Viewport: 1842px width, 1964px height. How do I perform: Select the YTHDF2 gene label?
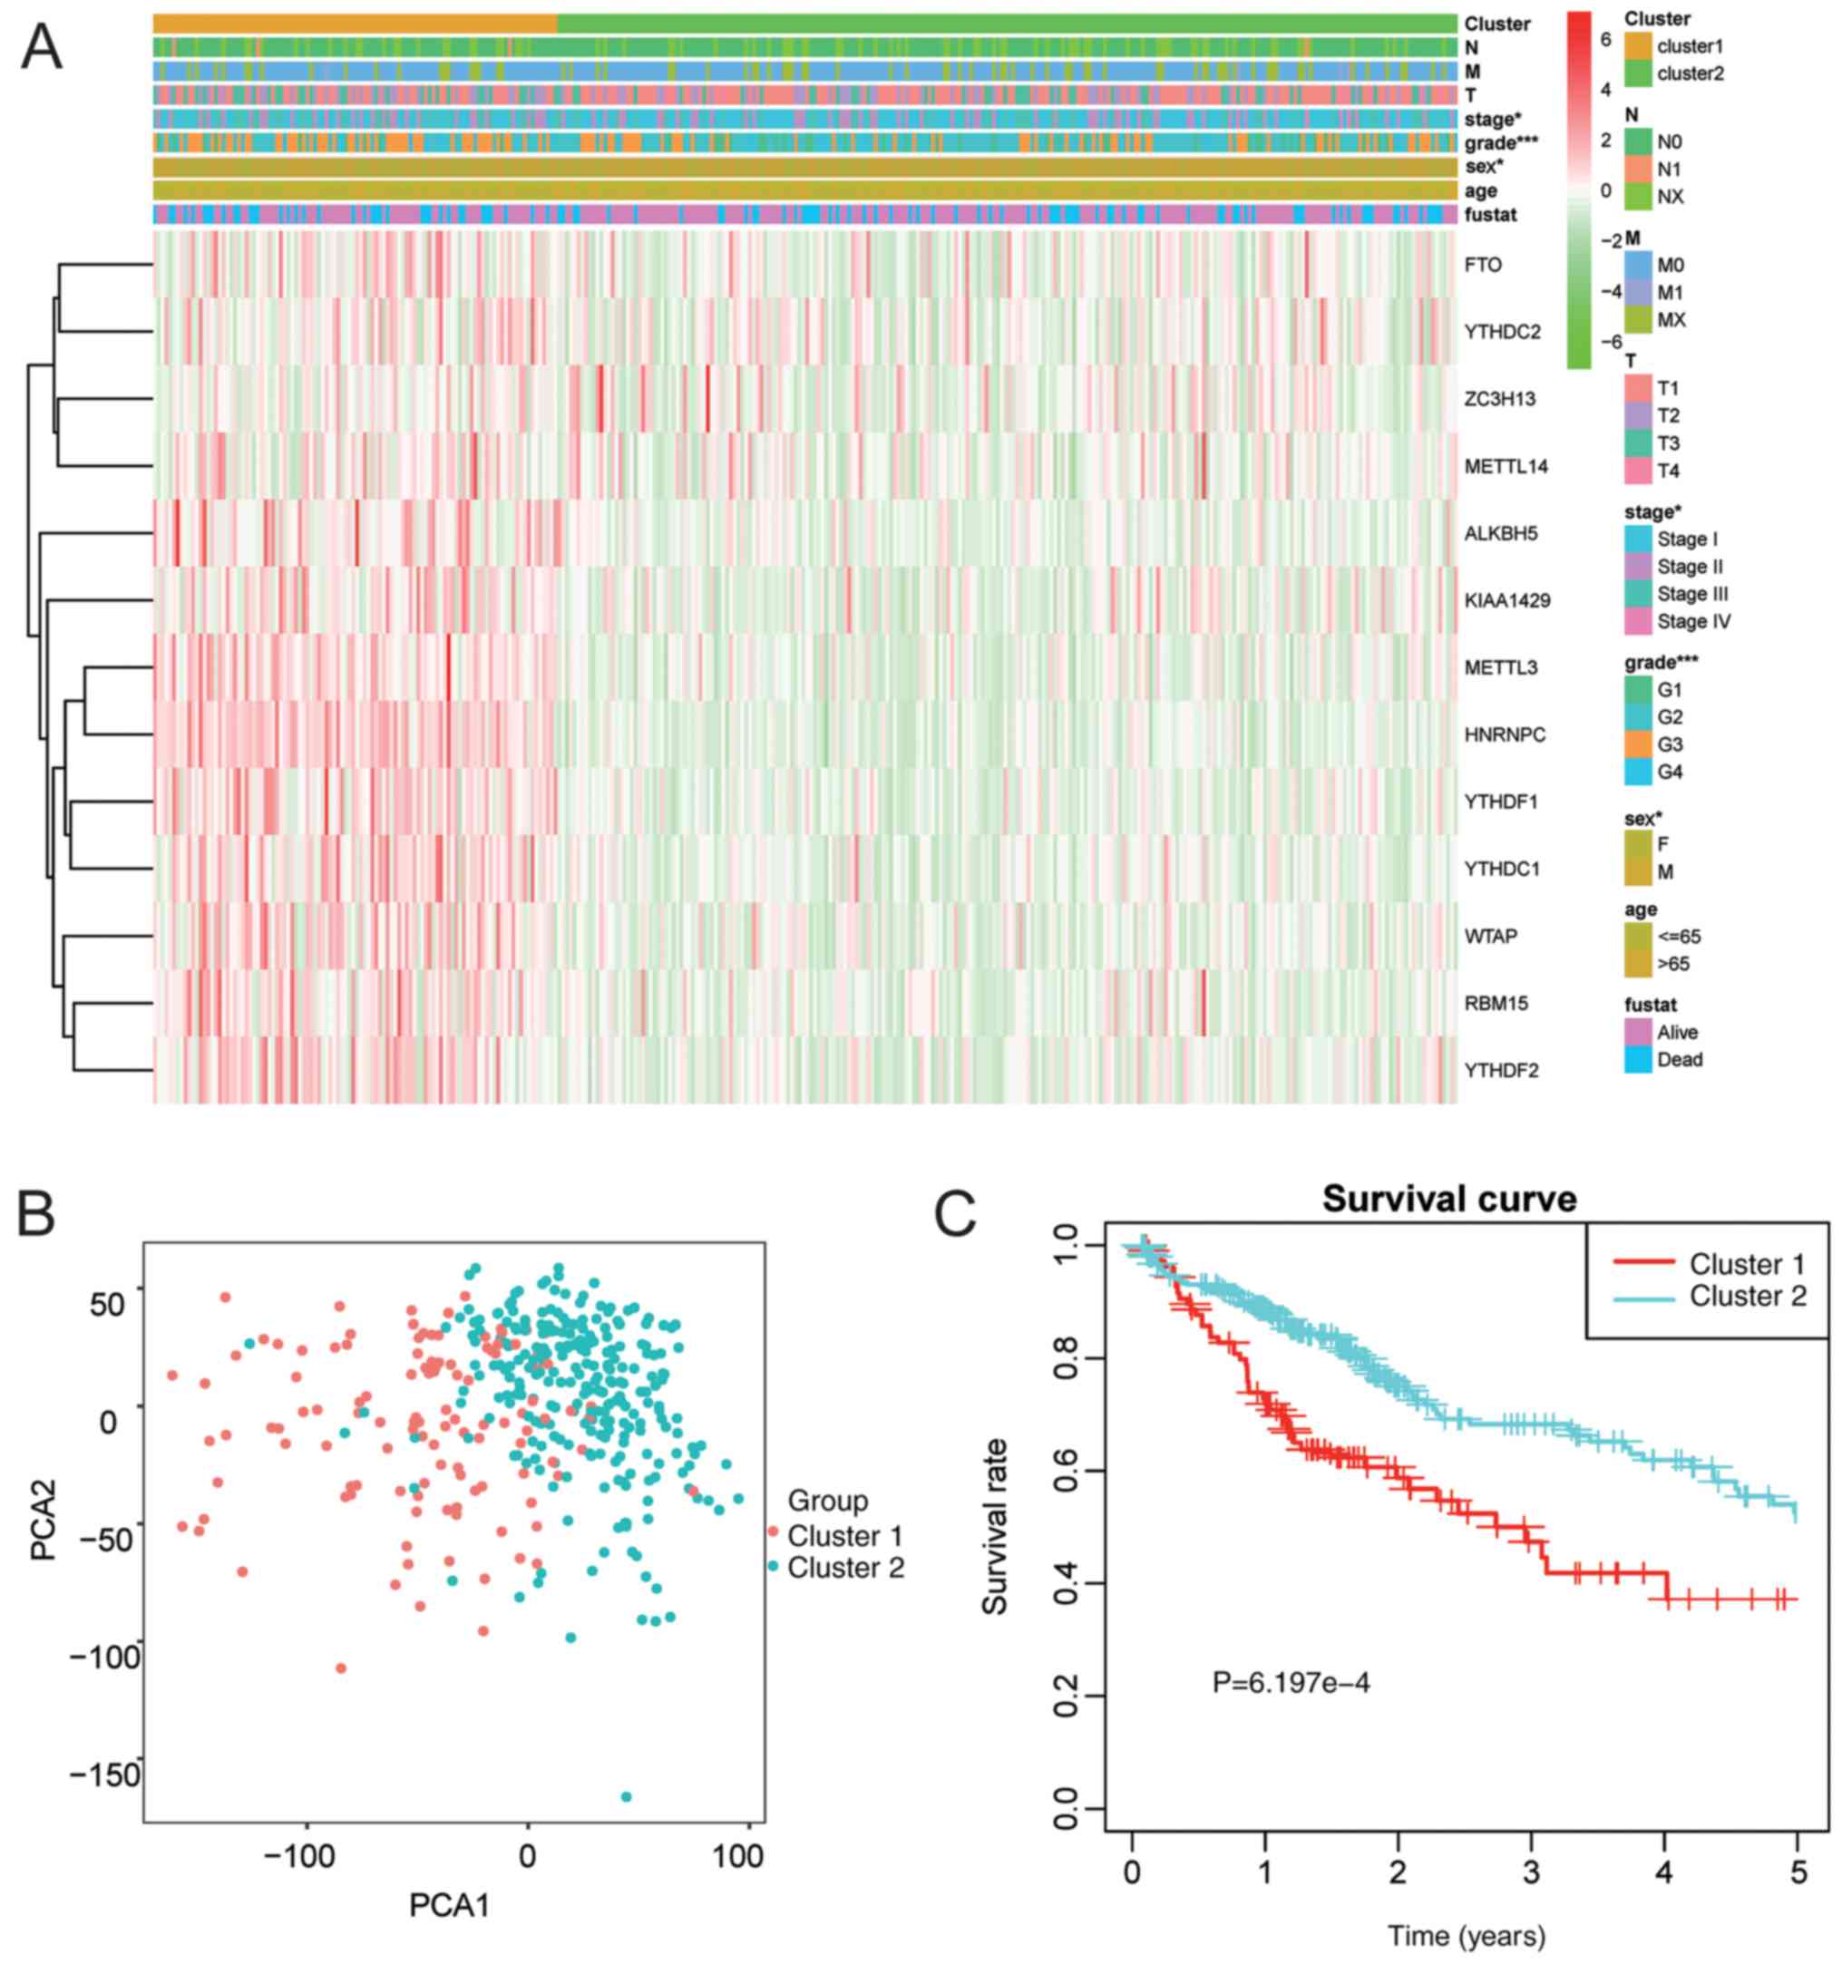pos(1501,1071)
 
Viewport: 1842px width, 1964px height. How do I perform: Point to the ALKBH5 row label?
pos(1501,533)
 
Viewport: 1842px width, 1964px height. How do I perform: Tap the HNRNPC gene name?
pos(1505,735)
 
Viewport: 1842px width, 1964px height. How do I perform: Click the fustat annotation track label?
pos(1491,214)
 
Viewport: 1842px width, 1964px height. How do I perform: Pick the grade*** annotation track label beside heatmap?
pos(1501,143)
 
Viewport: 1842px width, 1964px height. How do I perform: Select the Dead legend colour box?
pos(1637,1060)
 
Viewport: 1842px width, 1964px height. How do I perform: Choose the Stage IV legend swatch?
pos(1637,621)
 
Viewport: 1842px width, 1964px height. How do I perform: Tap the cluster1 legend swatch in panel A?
pos(1637,46)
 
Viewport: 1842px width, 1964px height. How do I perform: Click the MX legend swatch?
pos(1637,320)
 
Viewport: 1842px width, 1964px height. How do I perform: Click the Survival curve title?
pos(1449,1200)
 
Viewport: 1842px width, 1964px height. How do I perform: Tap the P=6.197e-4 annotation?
pos(1291,1681)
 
